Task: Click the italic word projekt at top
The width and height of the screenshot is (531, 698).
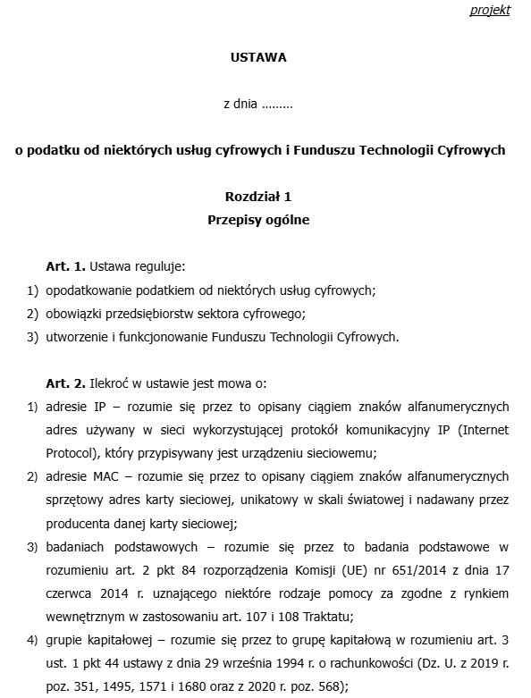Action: [x=490, y=11]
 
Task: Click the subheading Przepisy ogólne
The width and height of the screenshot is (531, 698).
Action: [x=258, y=220]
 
